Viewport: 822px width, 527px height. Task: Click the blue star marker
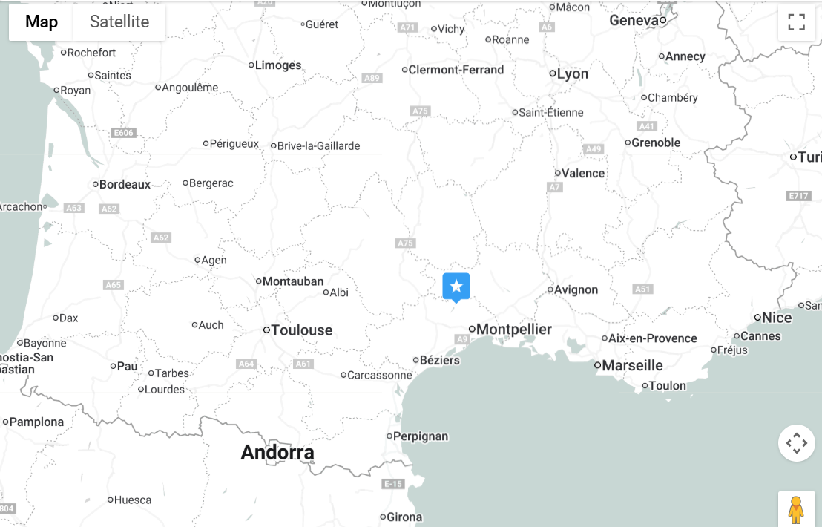coord(456,287)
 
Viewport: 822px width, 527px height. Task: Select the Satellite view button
coord(119,22)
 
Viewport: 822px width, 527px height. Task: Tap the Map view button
coord(42,22)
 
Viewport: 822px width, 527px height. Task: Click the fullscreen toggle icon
coord(796,22)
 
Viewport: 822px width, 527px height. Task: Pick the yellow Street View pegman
coord(796,510)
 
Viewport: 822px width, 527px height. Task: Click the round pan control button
coord(796,443)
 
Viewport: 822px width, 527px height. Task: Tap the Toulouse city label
coord(302,330)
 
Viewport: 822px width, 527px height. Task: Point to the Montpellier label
coord(514,329)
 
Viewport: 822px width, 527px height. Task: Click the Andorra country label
coord(277,452)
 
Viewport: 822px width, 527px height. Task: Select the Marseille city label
coord(632,365)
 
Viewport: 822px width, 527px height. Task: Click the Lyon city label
coord(573,73)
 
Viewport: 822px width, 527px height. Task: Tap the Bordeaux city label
coord(125,184)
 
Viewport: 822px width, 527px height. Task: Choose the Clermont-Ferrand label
coord(456,70)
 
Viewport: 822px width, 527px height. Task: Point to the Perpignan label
coord(421,436)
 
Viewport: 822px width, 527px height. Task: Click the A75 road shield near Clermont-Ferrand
coord(420,111)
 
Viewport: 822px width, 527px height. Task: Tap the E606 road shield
coord(123,133)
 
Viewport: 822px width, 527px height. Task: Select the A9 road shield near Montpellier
coord(462,339)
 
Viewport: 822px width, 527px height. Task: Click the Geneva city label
coord(634,20)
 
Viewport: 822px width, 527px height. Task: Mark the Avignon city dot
coord(550,289)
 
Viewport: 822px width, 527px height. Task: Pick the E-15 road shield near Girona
coord(392,484)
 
